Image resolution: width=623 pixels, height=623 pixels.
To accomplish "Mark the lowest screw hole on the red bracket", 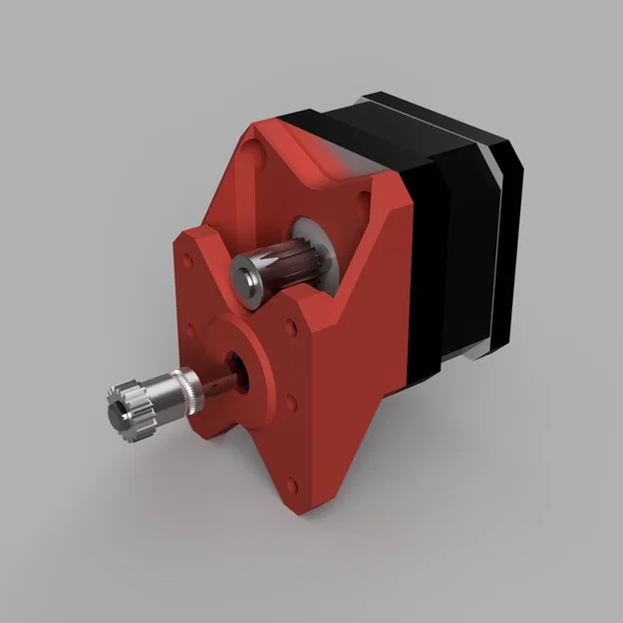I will point(292,484).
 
